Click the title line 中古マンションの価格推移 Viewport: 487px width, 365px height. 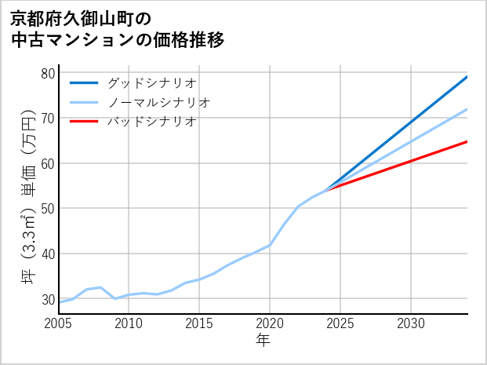[x=118, y=40]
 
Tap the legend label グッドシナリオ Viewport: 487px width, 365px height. [x=152, y=82]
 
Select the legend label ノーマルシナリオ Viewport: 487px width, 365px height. [x=159, y=102]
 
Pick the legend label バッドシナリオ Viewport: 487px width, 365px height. [x=152, y=122]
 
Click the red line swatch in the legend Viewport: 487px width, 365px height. [x=84, y=122]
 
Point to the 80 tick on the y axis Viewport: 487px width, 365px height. [x=48, y=73]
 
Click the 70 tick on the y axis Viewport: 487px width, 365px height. [x=48, y=119]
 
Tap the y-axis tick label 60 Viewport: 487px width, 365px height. [x=48, y=163]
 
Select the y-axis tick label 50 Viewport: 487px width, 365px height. [x=48, y=209]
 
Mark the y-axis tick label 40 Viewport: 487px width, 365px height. [x=48, y=254]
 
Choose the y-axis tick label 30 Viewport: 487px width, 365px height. [x=48, y=299]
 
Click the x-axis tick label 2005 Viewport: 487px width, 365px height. [x=59, y=323]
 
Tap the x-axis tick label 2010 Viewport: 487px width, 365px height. [x=129, y=323]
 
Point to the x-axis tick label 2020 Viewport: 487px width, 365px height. [x=270, y=323]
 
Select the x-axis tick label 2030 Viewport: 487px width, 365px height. [x=411, y=323]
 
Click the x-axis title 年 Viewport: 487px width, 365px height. [x=263, y=341]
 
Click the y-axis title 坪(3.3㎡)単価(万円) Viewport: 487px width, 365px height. [x=27, y=197]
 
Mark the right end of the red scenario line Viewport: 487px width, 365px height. [x=467, y=142]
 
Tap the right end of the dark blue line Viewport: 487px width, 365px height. [x=467, y=77]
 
